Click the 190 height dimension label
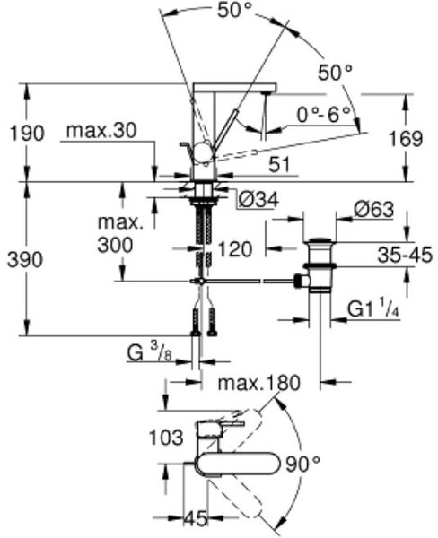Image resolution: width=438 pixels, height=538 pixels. pos(27,133)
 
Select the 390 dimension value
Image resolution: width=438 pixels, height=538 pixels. pos(25,260)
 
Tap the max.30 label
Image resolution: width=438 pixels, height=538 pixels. pos(101,131)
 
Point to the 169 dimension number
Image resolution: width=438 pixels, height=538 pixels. pos(406,139)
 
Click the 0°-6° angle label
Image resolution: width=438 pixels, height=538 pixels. pos(323,115)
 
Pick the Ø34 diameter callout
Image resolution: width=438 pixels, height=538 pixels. pos(258,200)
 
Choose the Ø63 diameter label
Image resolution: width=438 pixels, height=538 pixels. pos(373,209)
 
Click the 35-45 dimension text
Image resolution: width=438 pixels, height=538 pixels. pos(405,256)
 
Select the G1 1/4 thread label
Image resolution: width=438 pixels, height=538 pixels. pos(373,308)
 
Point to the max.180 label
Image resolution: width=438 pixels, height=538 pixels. pos(259,383)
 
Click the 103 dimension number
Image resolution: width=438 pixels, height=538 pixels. pos(166,438)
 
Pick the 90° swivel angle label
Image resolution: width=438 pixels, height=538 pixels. pos(303,464)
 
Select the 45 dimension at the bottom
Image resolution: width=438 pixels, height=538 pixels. pos(197,518)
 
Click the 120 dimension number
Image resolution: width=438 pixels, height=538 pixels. pos(235,249)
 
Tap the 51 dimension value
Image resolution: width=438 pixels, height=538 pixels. pos(279,165)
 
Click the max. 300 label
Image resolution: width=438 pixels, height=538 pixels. pos(120,234)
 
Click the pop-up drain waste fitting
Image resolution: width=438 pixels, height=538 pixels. pos(318,266)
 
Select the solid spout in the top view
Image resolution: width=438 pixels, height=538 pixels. pos(236,464)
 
